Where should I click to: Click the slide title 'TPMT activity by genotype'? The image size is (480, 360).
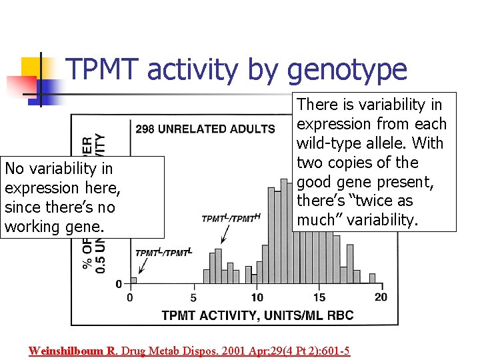(x=236, y=69)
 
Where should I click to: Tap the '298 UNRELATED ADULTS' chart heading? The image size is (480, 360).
(x=205, y=129)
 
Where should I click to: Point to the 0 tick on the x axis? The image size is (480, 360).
(x=129, y=297)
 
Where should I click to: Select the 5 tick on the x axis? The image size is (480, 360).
(x=193, y=297)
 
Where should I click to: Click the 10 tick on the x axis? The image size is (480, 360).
(x=257, y=297)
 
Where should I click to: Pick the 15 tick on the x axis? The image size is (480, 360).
(x=319, y=297)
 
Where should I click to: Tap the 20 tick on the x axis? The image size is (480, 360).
(x=380, y=297)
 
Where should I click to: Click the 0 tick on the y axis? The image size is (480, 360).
(x=119, y=285)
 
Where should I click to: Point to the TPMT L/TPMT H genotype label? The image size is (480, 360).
(x=231, y=218)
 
